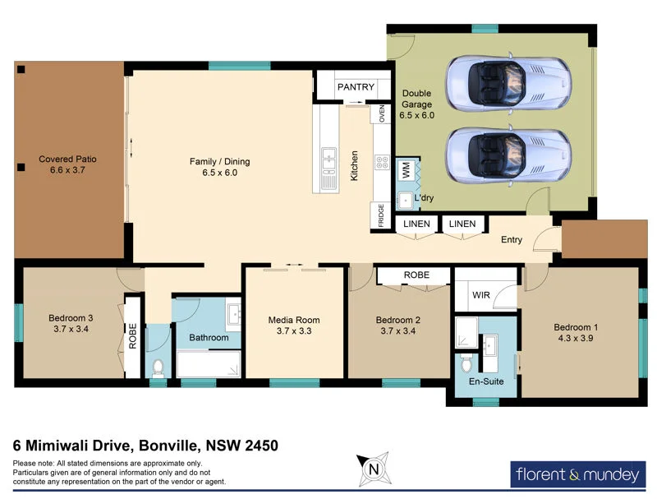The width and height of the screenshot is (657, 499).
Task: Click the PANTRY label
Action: tap(356, 87)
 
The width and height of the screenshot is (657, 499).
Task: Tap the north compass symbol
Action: tap(374, 469)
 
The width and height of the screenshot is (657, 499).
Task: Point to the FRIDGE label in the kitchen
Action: tap(381, 215)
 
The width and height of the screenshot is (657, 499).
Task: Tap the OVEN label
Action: tap(382, 113)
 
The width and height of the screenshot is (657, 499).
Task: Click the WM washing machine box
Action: tap(405, 171)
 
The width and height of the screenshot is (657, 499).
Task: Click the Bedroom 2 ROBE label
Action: tap(416, 275)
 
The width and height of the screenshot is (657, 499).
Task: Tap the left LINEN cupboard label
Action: tap(415, 224)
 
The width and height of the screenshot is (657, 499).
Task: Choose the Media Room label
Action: tap(294, 320)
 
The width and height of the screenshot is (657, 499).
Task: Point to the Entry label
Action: tap(512, 240)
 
